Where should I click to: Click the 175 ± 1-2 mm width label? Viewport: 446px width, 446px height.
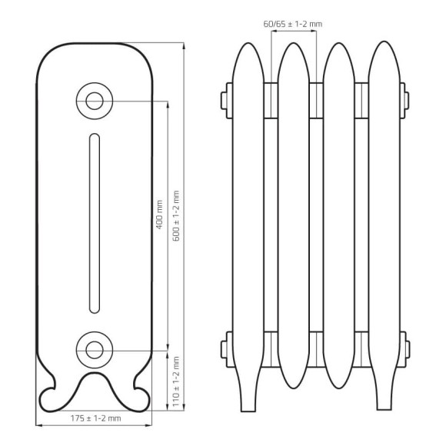coord(95,418)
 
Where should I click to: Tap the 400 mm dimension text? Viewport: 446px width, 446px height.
coord(159,215)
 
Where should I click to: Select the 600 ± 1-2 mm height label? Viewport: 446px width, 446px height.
coord(176,216)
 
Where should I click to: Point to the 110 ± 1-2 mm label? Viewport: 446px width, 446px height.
coord(176,381)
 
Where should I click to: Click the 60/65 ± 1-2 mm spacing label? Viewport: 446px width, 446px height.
coord(293,24)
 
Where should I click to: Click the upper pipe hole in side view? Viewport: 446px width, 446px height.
coord(95,101)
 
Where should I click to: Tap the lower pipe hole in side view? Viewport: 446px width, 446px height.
coord(95,350)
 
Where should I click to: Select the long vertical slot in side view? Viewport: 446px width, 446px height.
coord(95,223)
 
